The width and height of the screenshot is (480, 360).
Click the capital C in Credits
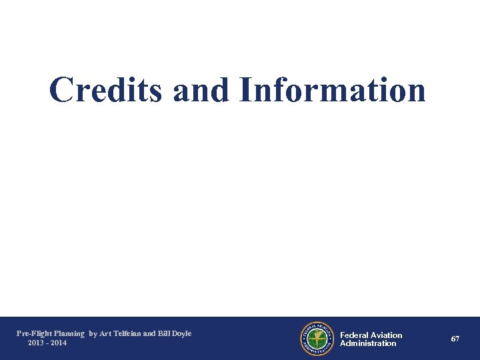(x=61, y=90)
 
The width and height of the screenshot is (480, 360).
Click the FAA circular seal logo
(x=317, y=339)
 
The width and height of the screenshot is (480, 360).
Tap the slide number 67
(x=455, y=339)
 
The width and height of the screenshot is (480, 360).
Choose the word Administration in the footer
(x=368, y=343)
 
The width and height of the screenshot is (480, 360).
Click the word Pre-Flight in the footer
(x=33, y=333)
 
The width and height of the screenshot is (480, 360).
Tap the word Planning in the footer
(x=69, y=333)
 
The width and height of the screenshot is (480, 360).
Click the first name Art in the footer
(x=105, y=333)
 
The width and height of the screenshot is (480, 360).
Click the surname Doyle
(x=181, y=333)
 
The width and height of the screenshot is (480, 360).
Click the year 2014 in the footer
(x=58, y=343)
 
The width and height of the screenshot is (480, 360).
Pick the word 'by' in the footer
(x=93, y=333)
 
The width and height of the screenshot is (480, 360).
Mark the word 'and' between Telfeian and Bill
(x=149, y=333)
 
